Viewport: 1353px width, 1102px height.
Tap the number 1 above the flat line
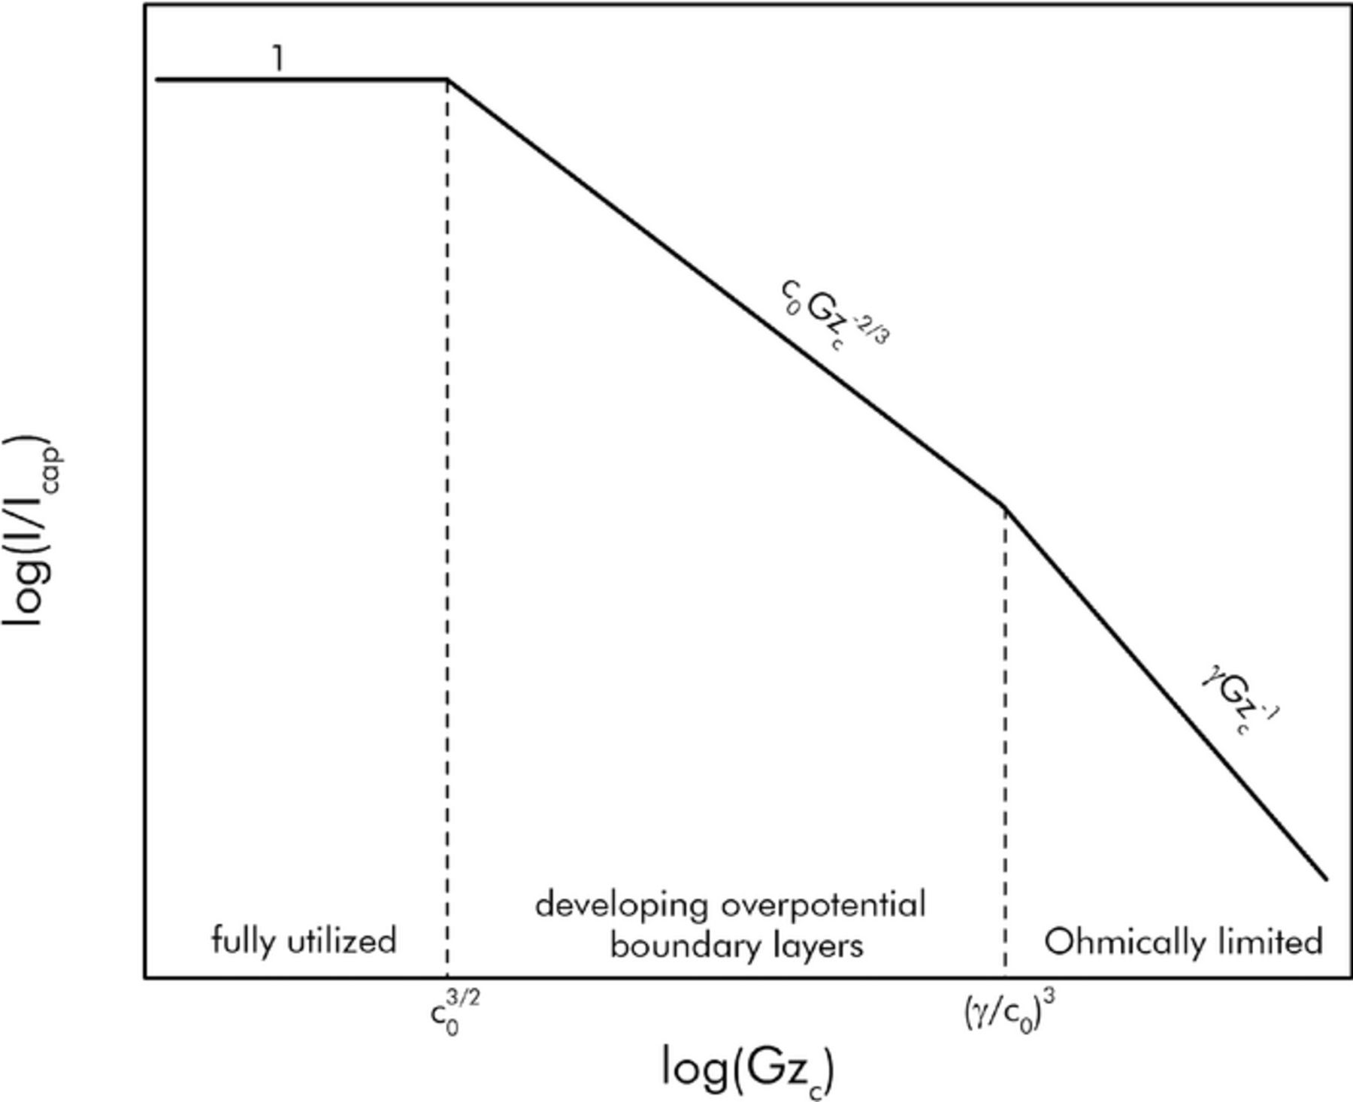pyautogui.click(x=278, y=59)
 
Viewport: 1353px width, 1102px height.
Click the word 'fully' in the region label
pyautogui.click(x=238, y=941)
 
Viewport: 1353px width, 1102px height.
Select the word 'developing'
pyautogui.click(x=621, y=907)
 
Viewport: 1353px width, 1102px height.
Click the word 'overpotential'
pyautogui.click(x=823, y=906)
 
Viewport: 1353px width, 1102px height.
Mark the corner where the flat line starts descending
pyautogui.click(x=447, y=79)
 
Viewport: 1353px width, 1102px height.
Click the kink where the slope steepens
pyautogui.click(x=1005, y=505)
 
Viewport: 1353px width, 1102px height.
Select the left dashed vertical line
pyautogui.click(x=447, y=526)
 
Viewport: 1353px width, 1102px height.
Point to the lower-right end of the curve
pyautogui.click(x=1326, y=878)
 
